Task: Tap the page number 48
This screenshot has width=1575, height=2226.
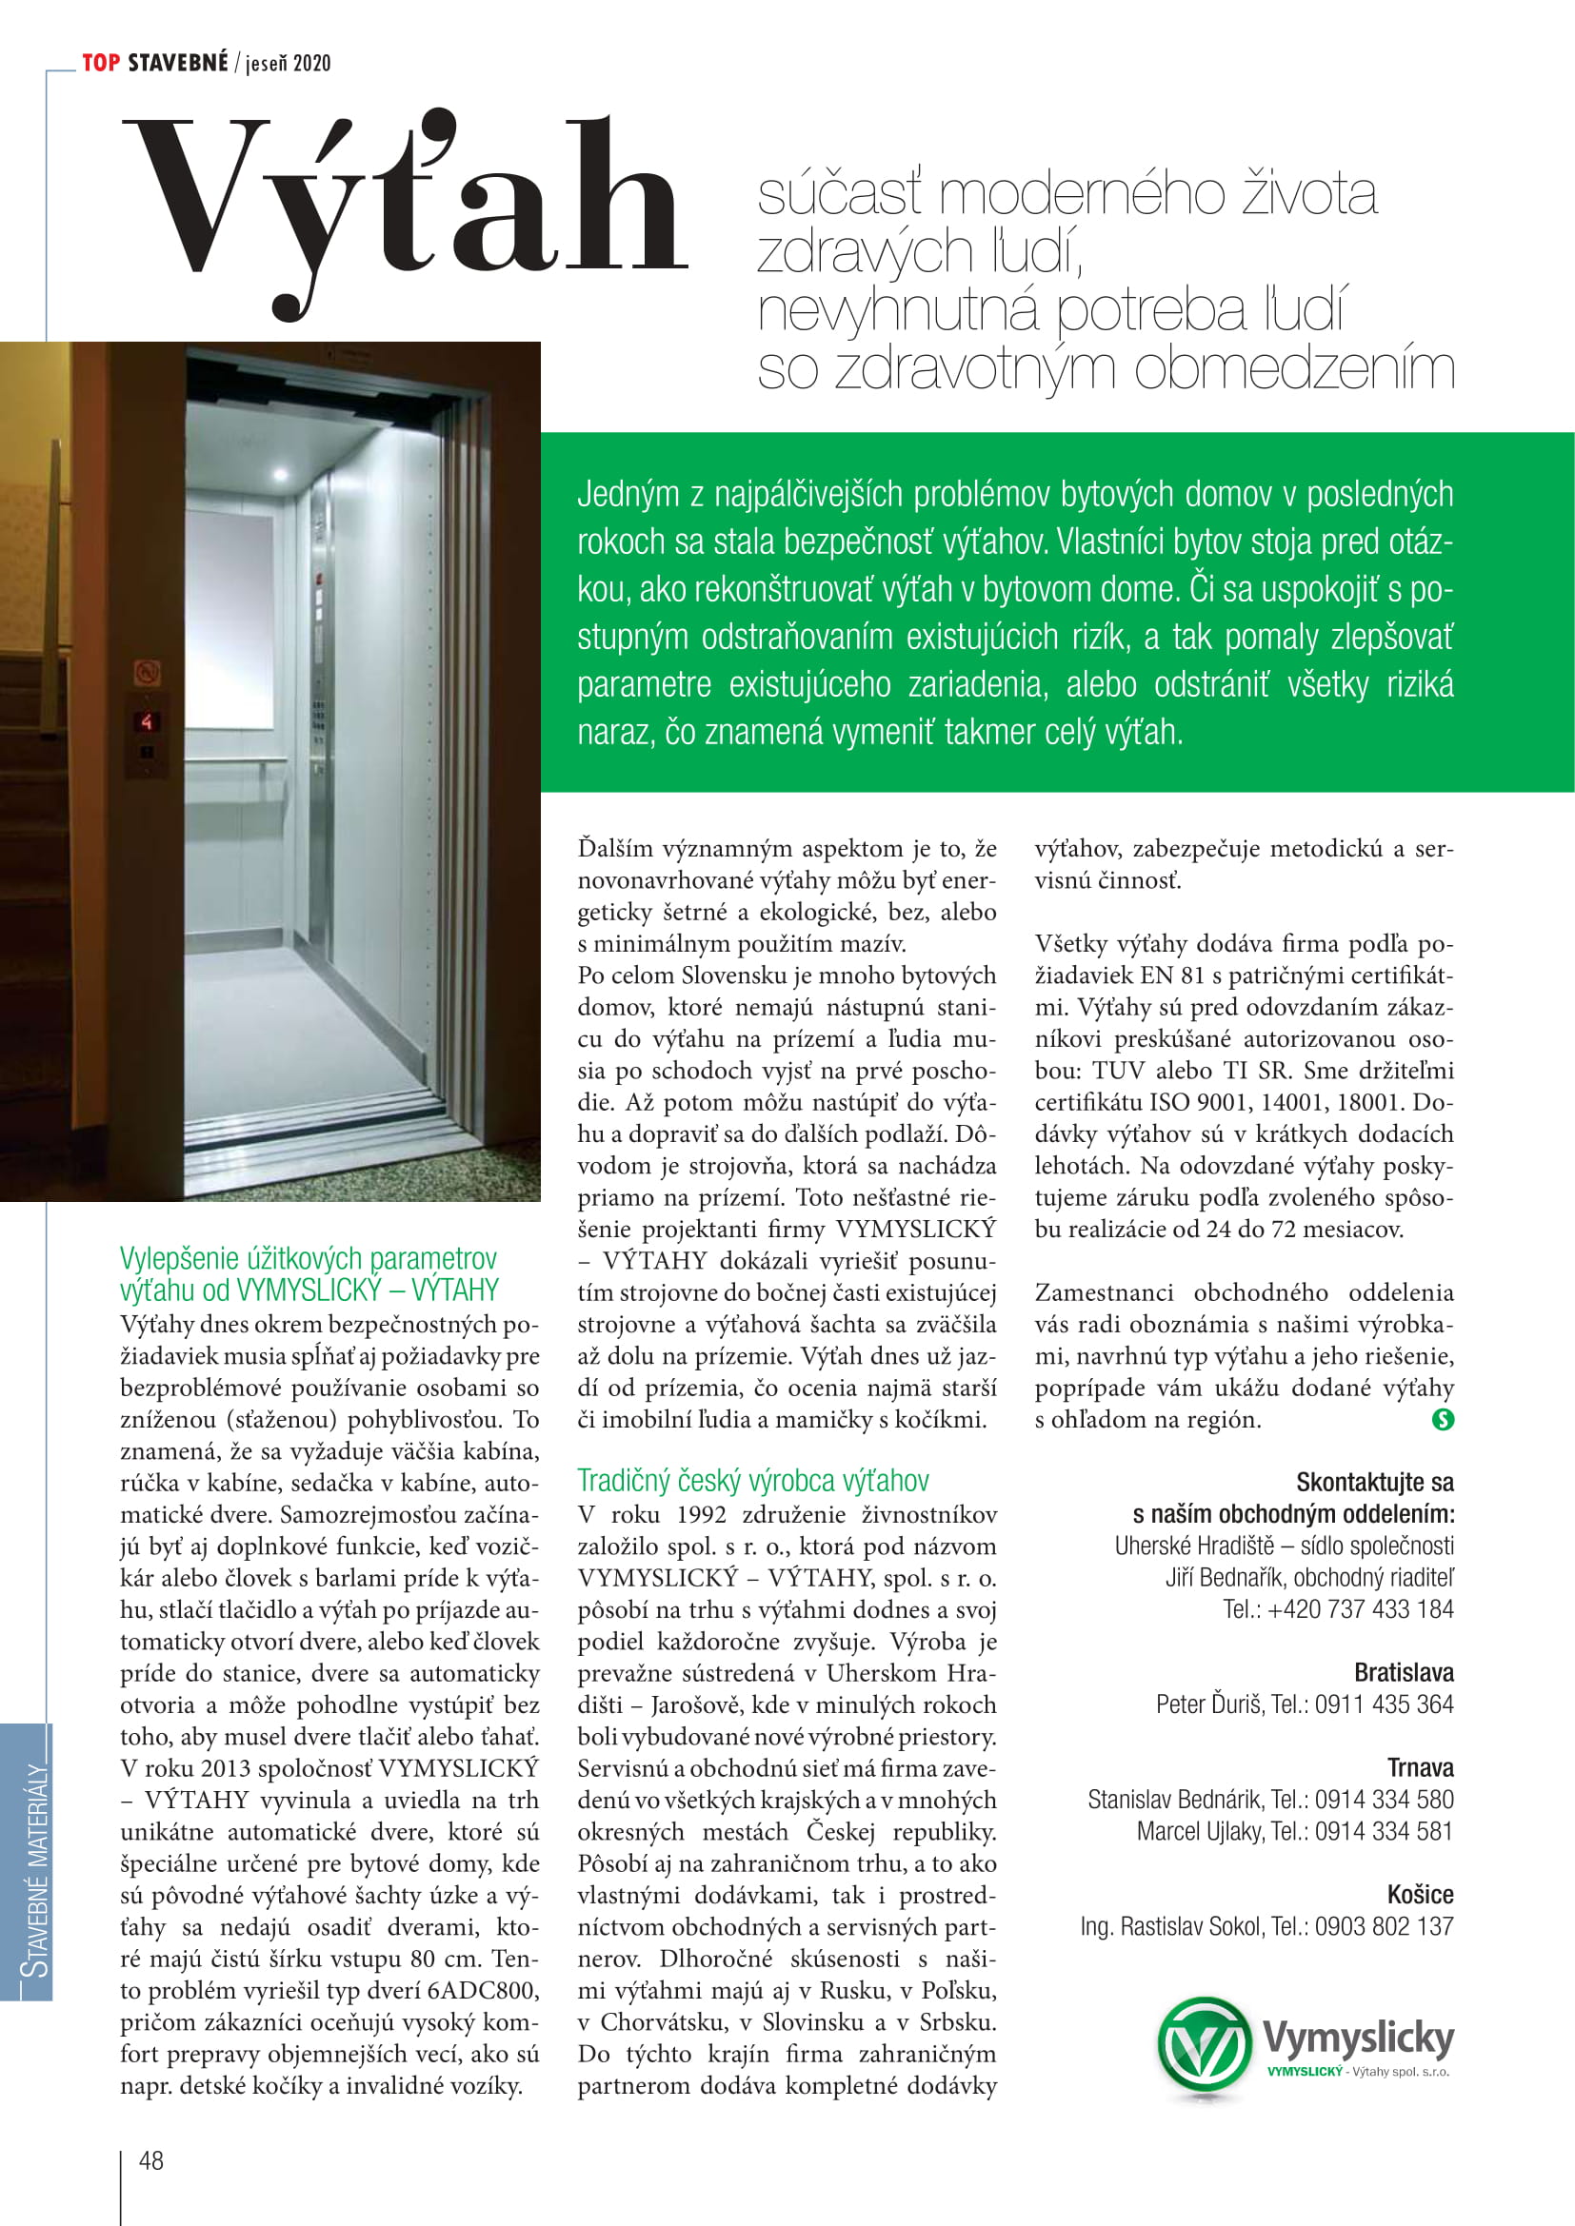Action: tap(151, 2160)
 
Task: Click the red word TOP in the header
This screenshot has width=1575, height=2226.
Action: tap(101, 64)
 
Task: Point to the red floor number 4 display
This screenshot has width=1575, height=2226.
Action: tap(147, 721)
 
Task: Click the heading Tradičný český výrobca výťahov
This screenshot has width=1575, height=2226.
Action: tap(752, 1481)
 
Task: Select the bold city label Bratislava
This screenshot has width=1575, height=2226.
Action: tap(1404, 1672)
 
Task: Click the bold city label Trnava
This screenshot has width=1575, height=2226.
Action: tap(1420, 1767)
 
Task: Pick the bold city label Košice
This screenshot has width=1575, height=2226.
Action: tap(1420, 1895)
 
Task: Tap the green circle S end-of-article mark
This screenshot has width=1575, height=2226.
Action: tap(1442, 1419)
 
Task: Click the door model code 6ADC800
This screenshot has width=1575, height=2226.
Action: tap(482, 1990)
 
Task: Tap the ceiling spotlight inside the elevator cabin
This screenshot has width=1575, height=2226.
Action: tap(280, 474)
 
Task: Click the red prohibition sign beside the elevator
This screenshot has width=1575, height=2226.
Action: tap(147, 672)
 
